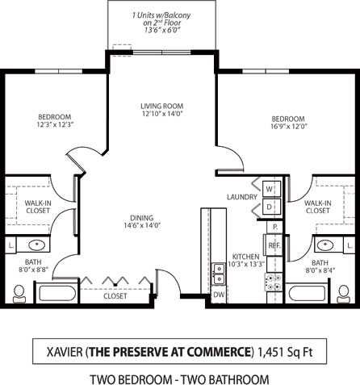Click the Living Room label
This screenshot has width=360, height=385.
tap(162, 106)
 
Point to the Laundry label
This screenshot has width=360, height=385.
tap(241, 196)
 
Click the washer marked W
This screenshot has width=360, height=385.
tap(270, 189)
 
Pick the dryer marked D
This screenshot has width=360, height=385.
tap(270, 207)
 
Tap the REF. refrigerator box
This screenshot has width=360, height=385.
tap(274, 244)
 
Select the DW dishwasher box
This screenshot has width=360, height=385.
tap(218, 295)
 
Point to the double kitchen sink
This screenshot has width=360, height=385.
tap(218, 273)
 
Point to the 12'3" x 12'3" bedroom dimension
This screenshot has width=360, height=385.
tap(55, 125)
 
